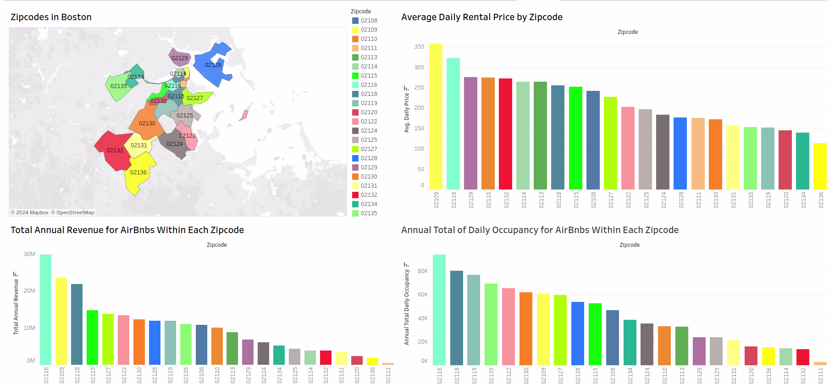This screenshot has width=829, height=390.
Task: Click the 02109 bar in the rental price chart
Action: tap(436, 117)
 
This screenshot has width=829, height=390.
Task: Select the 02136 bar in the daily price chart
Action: tap(820, 166)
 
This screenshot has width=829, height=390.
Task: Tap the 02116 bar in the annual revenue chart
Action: tap(46, 310)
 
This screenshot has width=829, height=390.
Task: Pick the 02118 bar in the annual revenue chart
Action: tap(77, 324)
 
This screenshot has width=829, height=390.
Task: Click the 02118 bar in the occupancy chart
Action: tap(457, 318)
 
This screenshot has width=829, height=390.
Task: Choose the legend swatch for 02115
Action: tap(355, 76)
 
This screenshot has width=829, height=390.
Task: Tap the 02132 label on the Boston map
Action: tap(115, 150)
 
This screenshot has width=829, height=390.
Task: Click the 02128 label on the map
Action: tap(213, 65)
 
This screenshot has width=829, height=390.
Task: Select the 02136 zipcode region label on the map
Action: tap(138, 173)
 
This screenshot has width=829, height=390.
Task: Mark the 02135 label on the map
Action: tap(119, 86)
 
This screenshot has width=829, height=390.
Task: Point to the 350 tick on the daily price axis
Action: tap(419, 47)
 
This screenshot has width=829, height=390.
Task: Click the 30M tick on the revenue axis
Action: tap(29, 254)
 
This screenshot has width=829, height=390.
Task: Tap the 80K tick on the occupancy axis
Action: tap(423, 271)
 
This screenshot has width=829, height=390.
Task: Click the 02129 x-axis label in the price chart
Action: tap(471, 200)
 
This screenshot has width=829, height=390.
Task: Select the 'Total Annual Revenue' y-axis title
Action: tap(16, 306)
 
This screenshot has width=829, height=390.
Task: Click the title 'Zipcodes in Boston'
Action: tap(51, 17)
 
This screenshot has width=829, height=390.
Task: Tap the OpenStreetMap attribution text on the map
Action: tap(75, 212)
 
